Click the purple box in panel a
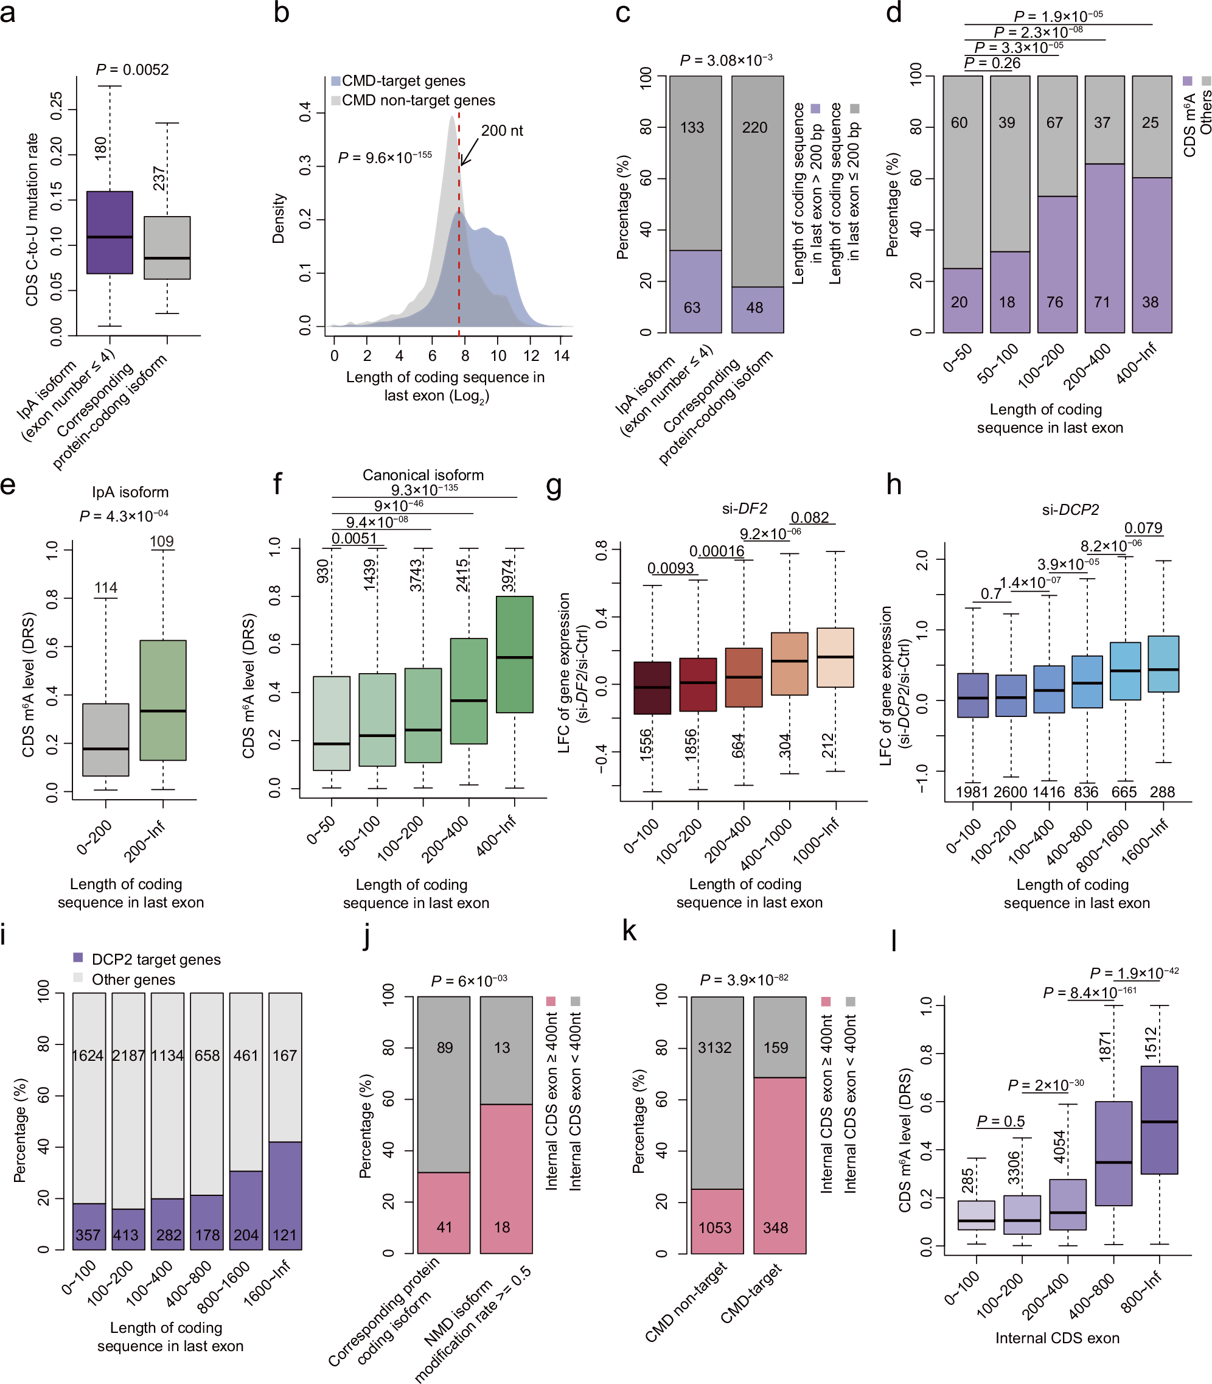click(110, 232)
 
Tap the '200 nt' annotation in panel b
click(502, 131)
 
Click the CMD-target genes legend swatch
click(335, 81)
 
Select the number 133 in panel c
click(692, 127)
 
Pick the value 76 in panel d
click(1054, 302)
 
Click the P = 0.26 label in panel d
click(992, 63)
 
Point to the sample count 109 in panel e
click(162, 541)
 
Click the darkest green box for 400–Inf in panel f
click(514, 654)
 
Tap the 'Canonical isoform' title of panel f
click(423, 475)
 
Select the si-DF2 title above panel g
click(744, 509)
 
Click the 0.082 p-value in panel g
click(810, 517)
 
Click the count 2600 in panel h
click(1010, 792)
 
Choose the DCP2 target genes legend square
click(78, 958)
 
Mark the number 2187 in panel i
click(128, 1055)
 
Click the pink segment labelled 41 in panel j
click(444, 1212)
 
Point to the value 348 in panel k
click(775, 1228)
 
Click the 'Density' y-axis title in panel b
click(279, 218)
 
